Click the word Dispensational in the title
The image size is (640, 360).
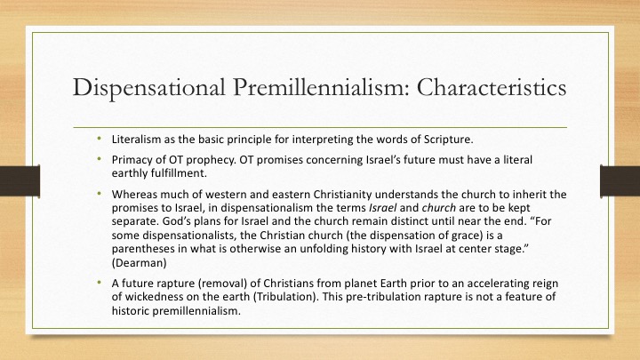(x=148, y=88)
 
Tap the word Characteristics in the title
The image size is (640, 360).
(x=492, y=87)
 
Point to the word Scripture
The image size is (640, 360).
(x=449, y=140)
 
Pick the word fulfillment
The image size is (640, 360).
(x=179, y=173)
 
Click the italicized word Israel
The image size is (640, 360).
(x=382, y=208)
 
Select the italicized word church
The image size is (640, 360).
(x=439, y=208)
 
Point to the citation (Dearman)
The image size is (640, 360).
(x=140, y=263)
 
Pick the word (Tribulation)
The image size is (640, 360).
(x=285, y=297)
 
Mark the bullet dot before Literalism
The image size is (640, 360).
(x=100, y=139)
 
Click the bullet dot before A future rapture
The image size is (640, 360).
(x=100, y=283)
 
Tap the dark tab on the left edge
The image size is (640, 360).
(x=20, y=181)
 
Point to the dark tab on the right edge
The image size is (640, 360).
(x=620, y=181)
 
